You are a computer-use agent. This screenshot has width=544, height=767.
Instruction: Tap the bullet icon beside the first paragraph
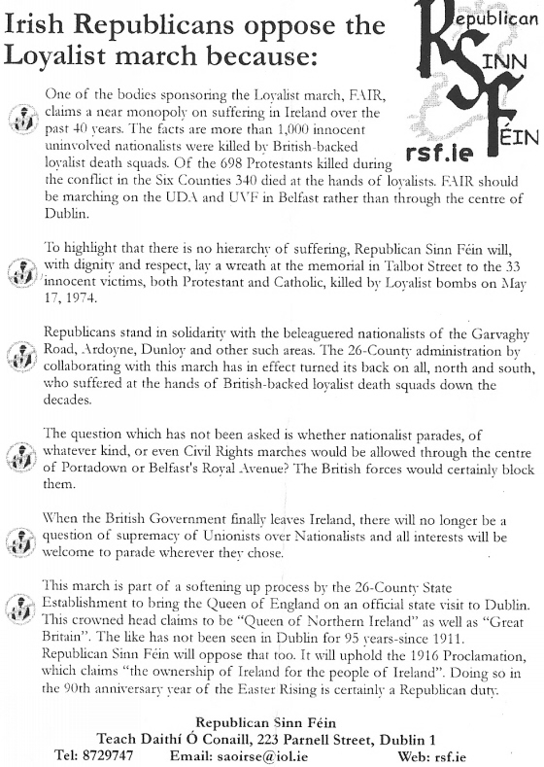pos(21,120)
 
